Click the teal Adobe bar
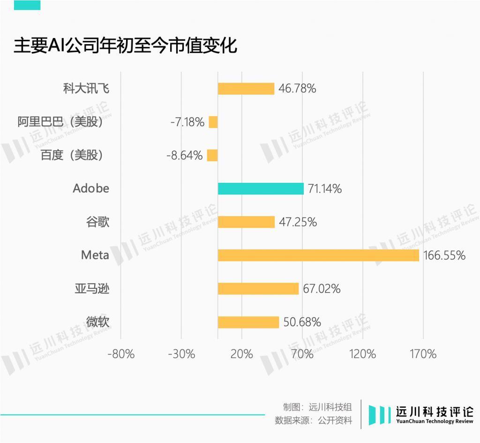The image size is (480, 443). click(261, 189)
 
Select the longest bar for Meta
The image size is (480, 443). click(318, 255)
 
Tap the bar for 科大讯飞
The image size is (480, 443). click(246, 89)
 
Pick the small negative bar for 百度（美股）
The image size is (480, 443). click(212, 155)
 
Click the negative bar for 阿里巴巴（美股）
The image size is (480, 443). click(213, 122)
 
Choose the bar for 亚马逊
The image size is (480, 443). click(258, 289)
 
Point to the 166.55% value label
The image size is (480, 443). click(444, 255)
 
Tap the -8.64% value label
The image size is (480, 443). click(185, 155)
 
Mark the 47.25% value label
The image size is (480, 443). click(298, 222)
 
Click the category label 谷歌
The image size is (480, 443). click(98, 222)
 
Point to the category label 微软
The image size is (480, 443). click(98, 322)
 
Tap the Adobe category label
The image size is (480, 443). click(91, 188)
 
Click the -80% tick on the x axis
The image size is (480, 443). click(121, 354)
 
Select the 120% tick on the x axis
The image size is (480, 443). click(363, 354)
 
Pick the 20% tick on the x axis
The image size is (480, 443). click(242, 354)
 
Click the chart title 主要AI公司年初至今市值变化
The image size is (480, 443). click(126, 46)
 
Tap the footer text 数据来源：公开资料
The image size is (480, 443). click(313, 420)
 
